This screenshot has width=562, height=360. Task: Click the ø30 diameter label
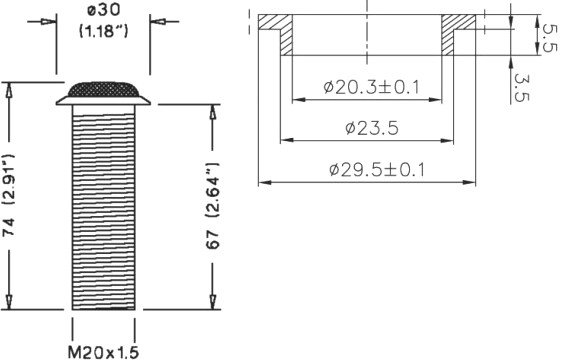(104, 10)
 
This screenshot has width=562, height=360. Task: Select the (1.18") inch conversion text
(103, 31)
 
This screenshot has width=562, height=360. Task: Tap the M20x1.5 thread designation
(103, 352)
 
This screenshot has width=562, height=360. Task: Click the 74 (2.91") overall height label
(9, 195)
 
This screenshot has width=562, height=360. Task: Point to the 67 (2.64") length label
(212, 206)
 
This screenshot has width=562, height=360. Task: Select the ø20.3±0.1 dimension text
(371, 87)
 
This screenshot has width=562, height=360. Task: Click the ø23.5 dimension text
(372, 128)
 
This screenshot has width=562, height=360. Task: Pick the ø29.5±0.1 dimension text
(377, 170)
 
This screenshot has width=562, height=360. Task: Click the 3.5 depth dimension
(521, 87)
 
